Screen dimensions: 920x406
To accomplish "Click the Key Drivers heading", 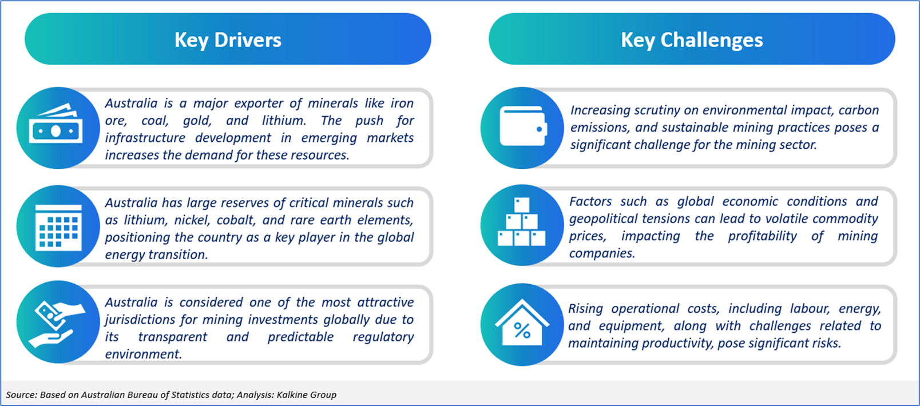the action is (228, 40).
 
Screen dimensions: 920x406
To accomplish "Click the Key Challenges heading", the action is (692, 40).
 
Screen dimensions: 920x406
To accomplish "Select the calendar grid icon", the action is (58, 228).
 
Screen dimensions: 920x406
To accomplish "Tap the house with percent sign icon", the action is (522, 323).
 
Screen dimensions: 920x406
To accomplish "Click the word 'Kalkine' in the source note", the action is (291, 395).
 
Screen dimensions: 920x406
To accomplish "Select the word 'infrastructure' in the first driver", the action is (145, 138).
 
